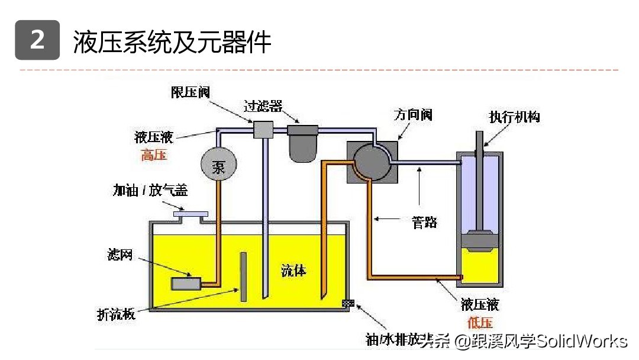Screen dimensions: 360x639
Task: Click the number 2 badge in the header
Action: click(x=37, y=40)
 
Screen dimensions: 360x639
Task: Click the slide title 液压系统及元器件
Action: click(x=172, y=42)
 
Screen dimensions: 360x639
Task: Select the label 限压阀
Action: click(x=191, y=92)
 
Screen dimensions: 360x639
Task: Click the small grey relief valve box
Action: click(x=262, y=129)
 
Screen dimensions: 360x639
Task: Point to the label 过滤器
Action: click(x=263, y=107)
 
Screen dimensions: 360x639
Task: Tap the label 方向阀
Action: click(x=413, y=114)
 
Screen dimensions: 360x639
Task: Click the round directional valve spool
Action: click(x=370, y=159)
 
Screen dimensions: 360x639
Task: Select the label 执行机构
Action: click(x=514, y=117)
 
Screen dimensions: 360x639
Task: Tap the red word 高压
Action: click(x=154, y=156)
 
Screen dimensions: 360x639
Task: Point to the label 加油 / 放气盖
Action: click(x=150, y=190)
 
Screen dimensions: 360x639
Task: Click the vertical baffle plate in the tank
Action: click(x=243, y=277)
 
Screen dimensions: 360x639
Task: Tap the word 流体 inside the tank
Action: click(x=294, y=271)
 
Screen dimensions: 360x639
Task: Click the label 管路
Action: click(x=424, y=222)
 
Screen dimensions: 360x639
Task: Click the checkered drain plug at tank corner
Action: click(x=348, y=303)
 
